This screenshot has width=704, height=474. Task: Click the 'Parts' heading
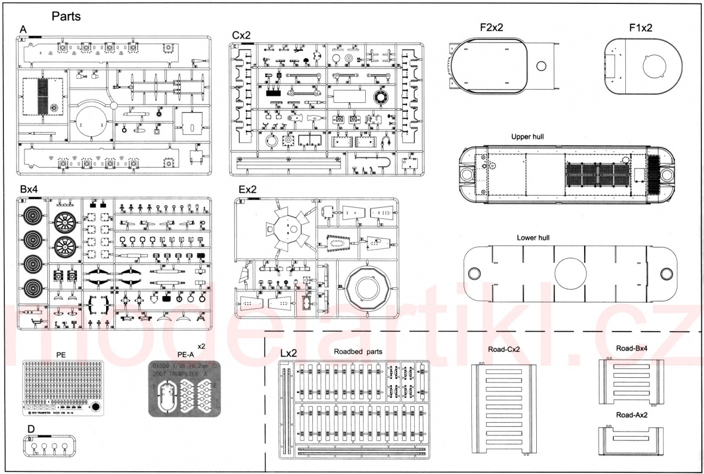[x=66, y=16]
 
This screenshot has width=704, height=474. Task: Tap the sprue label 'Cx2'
[x=241, y=35]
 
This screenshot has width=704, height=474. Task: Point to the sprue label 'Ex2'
[x=248, y=189]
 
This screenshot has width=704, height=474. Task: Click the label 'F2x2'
[x=491, y=28]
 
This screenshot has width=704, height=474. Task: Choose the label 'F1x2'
[x=641, y=28]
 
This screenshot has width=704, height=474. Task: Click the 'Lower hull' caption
[x=533, y=238]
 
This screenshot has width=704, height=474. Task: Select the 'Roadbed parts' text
[x=358, y=351]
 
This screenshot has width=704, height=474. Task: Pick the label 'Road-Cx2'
[x=504, y=350]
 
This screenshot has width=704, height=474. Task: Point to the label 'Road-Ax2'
[x=632, y=415]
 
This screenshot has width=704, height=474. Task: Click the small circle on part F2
[x=541, y=67]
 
